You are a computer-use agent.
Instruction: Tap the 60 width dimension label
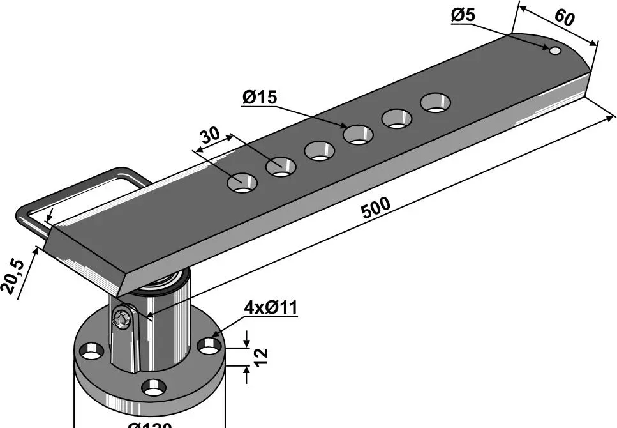(564, 17)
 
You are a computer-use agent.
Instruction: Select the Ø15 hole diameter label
(260, 98)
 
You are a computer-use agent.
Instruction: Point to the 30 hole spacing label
(210, 135)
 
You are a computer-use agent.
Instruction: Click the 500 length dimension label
(376, 208)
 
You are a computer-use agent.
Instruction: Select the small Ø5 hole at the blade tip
(555, 50)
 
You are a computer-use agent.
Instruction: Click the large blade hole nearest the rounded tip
(435, 102)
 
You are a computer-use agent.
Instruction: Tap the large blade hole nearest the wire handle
(242, 182)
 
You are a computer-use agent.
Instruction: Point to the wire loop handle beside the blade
(83, 192)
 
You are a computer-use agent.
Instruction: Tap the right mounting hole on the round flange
(209, 346)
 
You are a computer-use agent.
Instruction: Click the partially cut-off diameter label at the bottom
(149, 424)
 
